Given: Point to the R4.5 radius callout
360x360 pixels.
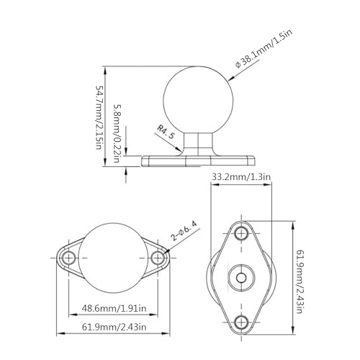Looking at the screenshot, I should point(167,133).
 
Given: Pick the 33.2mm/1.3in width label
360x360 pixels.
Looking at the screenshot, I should point(241,175).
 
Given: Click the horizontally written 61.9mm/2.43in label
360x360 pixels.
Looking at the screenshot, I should point(114,328).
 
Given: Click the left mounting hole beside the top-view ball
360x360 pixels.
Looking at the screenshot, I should point(69,258).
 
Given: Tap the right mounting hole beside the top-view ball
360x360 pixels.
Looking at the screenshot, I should point(160,258).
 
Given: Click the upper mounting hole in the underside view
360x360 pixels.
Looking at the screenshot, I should point(241,233).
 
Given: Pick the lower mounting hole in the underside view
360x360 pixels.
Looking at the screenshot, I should point(241,322).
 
